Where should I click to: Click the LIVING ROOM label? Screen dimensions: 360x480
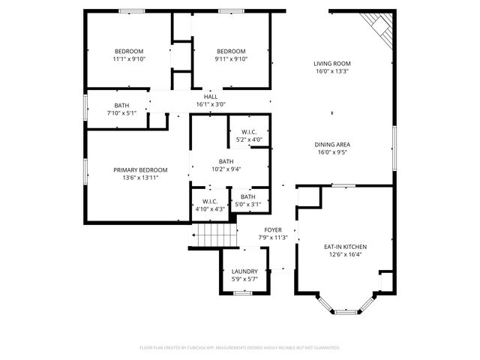click(332, 64)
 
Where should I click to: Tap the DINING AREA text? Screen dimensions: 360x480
click(332, 144)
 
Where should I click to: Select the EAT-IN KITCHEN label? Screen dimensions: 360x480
click(345, 246)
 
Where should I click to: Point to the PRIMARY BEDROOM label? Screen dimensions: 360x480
click(140, 170)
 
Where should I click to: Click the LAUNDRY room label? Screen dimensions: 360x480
click(244, 271)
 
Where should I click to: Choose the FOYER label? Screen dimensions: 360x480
click(272, 229)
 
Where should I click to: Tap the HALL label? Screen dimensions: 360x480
click(211, 97)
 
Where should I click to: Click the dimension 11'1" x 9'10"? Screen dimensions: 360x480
click(129, 59)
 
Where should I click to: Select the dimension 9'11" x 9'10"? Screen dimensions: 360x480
click(231, 59)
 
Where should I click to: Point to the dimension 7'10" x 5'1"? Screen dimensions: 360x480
click(121, 113)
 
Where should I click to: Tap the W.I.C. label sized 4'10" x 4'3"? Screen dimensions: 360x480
click(209, 209)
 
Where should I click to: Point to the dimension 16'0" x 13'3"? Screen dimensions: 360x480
click(332, 72)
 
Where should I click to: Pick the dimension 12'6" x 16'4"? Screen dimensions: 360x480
click(345, 254)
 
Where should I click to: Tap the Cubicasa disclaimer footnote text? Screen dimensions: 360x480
click(240, 348)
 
